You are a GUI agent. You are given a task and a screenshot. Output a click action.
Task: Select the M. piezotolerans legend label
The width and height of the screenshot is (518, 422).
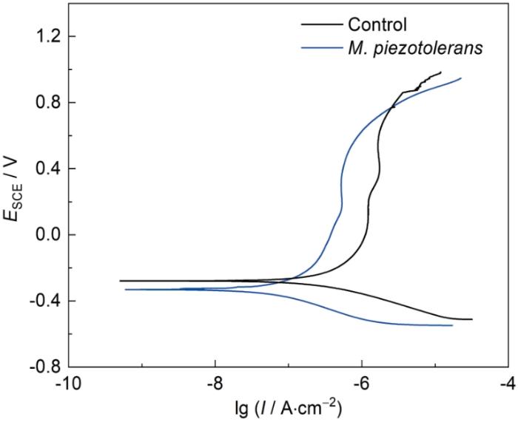404,49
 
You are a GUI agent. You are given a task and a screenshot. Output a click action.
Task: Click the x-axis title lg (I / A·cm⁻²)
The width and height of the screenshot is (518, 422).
288,408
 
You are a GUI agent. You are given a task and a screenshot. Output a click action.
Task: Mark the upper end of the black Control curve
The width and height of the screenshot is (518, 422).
441,72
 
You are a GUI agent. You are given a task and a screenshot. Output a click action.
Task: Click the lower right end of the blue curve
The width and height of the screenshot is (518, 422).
452,325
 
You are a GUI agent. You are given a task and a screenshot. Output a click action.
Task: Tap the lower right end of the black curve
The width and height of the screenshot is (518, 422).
471,319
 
